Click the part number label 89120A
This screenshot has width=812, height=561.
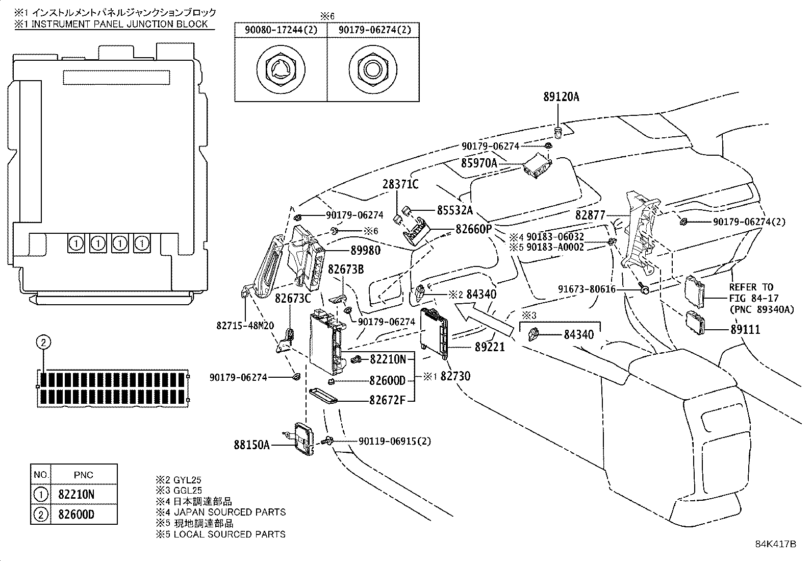561,97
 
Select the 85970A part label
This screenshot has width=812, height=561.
478,163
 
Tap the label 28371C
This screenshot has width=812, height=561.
400,184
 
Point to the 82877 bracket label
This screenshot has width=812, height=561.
590,215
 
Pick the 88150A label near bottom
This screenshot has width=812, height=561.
251,445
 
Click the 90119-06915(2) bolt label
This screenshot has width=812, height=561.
394,441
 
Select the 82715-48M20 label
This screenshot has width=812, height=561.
245,325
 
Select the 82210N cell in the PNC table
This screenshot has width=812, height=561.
76,494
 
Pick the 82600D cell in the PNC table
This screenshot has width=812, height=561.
76,514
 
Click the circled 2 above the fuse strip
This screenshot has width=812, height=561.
44,342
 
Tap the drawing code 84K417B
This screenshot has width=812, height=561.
775,544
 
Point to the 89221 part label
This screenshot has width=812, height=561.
490,347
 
